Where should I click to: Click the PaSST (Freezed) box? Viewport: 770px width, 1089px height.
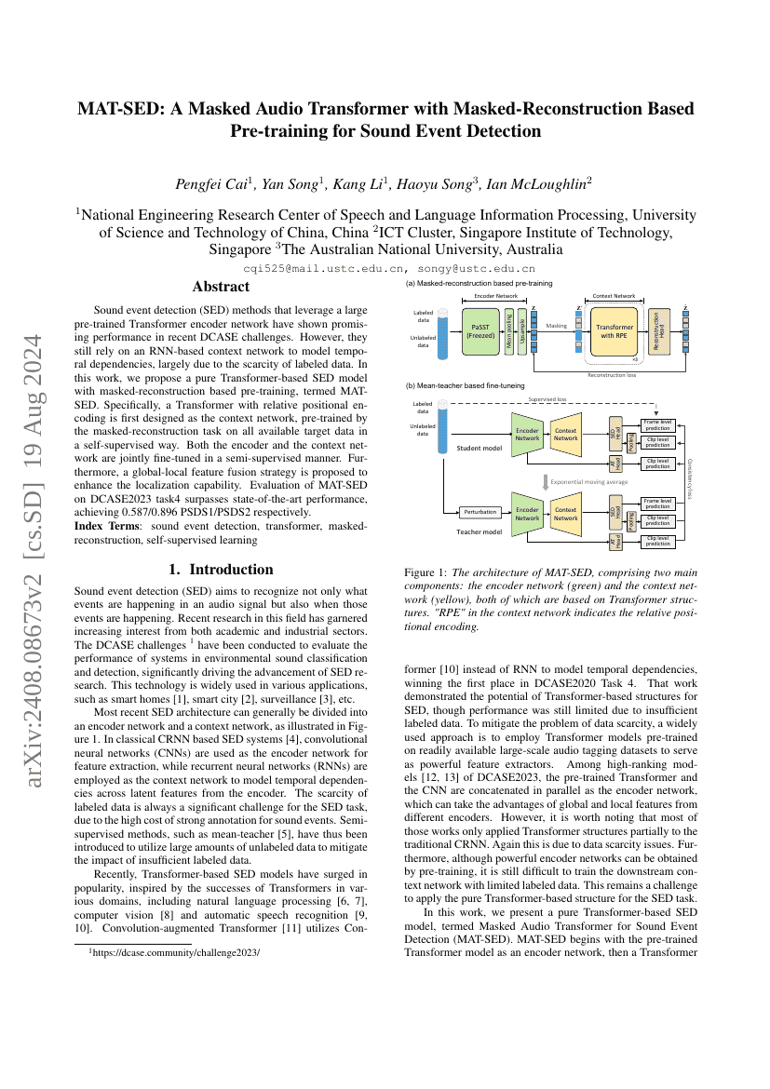[481, 333]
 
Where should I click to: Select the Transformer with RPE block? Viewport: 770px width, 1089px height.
[614, 333]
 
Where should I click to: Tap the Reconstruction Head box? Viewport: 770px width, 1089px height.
[659, 333]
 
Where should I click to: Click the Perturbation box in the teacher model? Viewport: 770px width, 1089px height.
[480, 511]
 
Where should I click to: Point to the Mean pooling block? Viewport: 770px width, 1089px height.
[509, 333]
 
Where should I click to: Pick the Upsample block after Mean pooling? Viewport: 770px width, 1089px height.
[521, 333]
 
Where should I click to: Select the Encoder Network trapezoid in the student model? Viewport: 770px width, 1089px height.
[528, 434]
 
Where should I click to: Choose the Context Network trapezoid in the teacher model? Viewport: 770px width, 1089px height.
[565, 514]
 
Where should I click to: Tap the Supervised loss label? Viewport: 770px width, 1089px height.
[547, 399]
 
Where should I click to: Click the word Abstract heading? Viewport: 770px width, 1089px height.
[220, 287]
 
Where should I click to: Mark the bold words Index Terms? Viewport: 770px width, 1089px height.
[104, 526]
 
